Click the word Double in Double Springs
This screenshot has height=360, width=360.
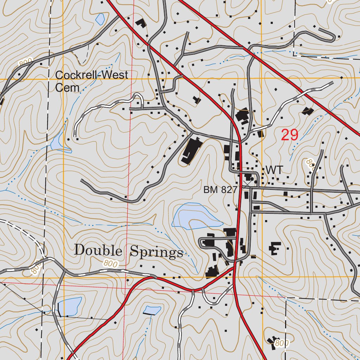[98, 251]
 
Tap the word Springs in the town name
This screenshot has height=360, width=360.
[156, 252]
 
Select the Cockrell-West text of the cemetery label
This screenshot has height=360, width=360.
[92, 75]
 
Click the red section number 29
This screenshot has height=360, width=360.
[290, 135]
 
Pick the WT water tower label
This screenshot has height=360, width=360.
[274, 170]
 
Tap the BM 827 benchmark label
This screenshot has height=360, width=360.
[220, 190]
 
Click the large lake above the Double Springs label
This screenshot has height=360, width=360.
[193, 216]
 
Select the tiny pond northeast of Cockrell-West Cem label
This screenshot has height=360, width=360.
[100, 19]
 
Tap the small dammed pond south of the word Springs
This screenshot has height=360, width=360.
[152, 310]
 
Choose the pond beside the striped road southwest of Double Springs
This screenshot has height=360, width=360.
[70, 306]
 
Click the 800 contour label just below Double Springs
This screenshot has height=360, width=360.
[111, 263]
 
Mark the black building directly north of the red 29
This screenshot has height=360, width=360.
[308, 111]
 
